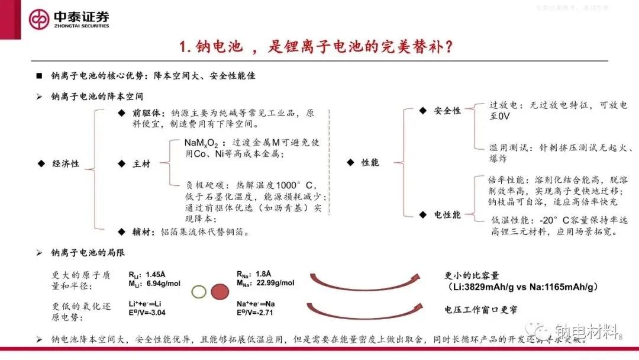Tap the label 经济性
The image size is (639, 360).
[66, 163]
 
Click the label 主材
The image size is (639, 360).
[141, 163]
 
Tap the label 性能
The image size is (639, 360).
[370, 162]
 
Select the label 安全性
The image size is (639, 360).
[447, 111]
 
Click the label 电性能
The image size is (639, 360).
[447, 214]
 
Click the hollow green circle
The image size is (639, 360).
[199, 291]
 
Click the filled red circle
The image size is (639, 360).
[220, 291]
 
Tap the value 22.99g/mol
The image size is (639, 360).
[275, 283]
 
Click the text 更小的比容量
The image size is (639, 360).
[472, 275]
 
